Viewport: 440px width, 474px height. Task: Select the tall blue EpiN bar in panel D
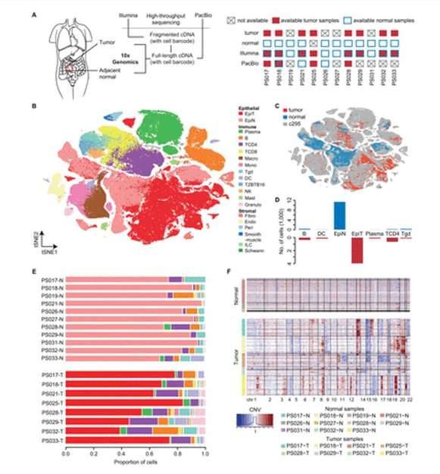click(339, 215)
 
